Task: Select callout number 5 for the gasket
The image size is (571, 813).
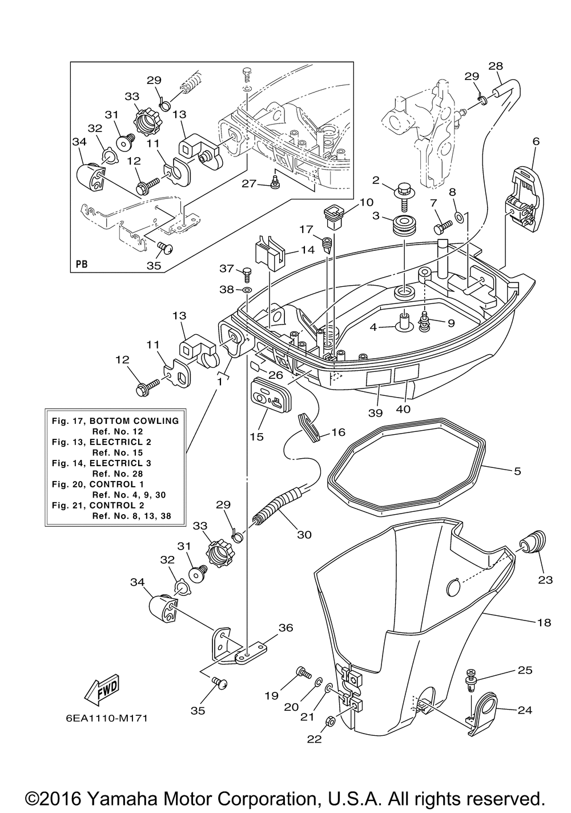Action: pyautogui.click(x=517, y=471)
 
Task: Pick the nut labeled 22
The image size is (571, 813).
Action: pyautogui.click(x=330, y=722)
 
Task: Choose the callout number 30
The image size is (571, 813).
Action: pyautogui.click(x=304, y=535)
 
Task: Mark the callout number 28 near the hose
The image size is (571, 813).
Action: pyautogui.click(x=496, y=66)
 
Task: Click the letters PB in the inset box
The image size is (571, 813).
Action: pyautogui.click(x=82, y=265)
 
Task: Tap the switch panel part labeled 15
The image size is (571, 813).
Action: pyautogui.click(x=268, y=394)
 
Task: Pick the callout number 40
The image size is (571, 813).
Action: pyautogui.click(x=403, y=409)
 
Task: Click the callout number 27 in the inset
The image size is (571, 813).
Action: pyautogui.click(x=248, y=183)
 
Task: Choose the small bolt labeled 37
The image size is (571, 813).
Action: pyautogui.click(x=247, y=273)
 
